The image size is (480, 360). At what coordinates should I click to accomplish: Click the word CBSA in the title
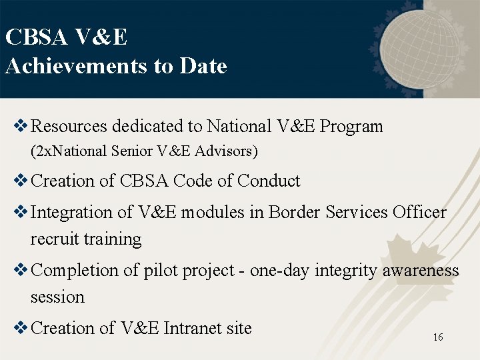click(35, 37)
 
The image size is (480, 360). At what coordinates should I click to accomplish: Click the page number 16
click(437, 337)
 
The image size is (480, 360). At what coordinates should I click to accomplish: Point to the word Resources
click(69, 126)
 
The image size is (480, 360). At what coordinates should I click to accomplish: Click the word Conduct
click(269, 181)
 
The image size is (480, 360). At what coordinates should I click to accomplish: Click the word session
click(57, 297)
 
